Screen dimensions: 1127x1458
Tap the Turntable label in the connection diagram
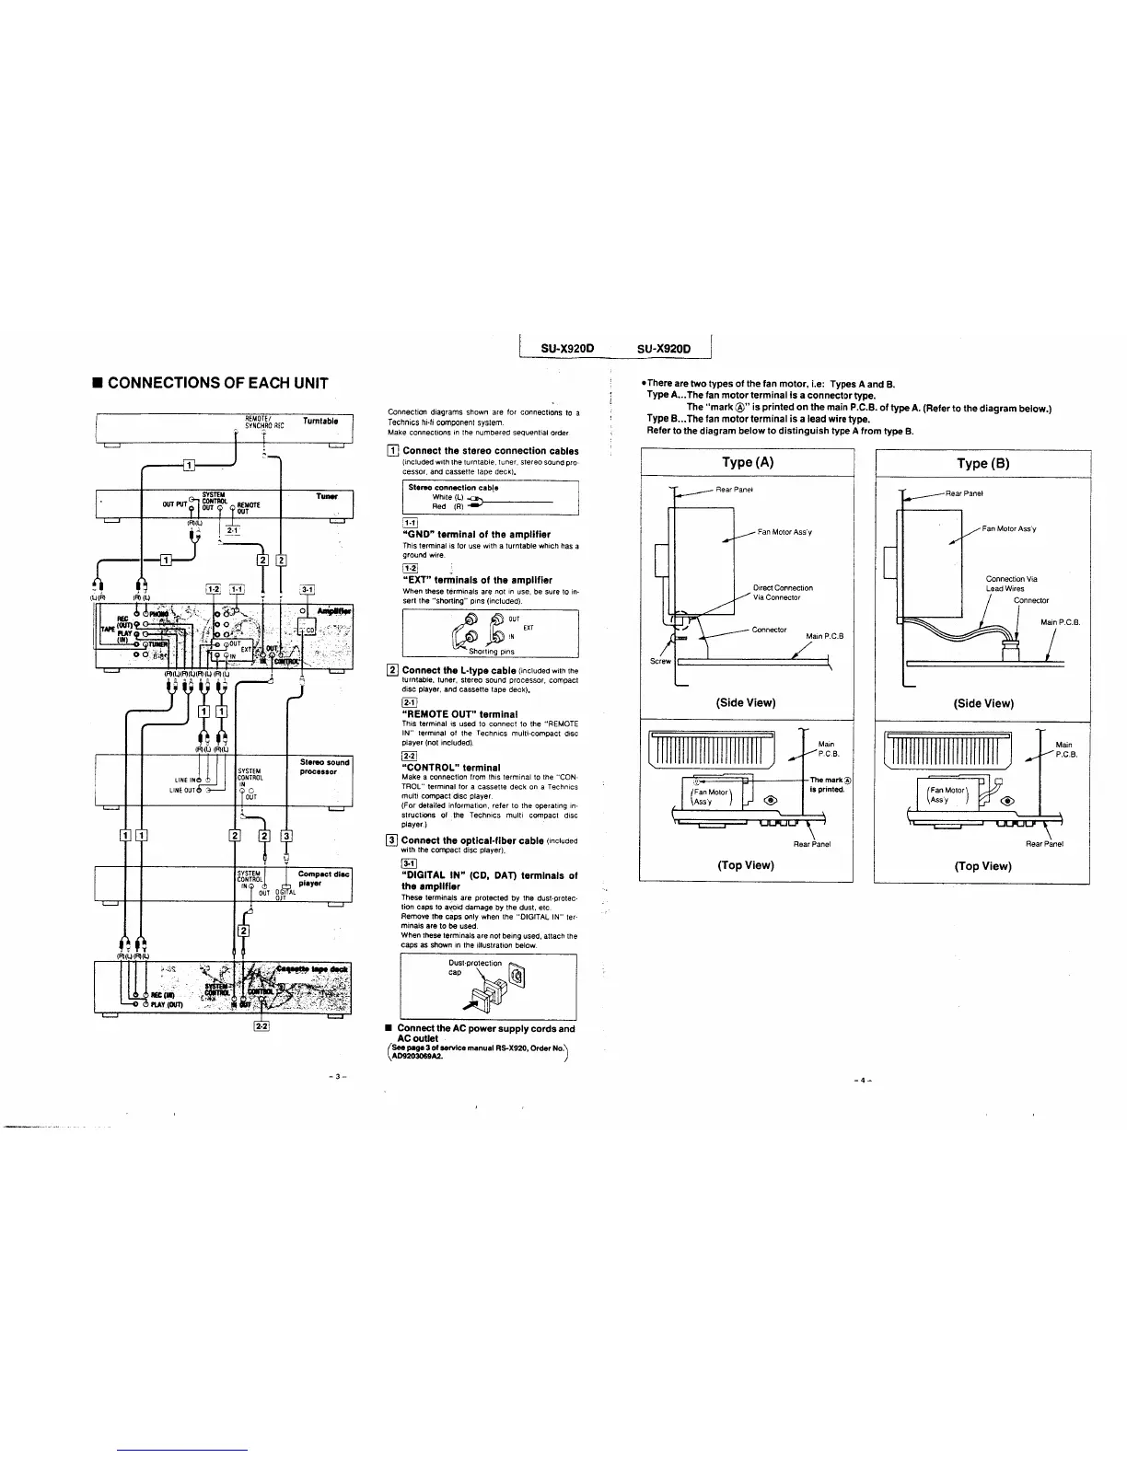click(x=320, y=422)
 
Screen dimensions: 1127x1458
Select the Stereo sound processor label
click(x=325, y=766)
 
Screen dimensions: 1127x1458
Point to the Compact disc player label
click(x=323, y=878)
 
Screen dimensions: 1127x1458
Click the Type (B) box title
click(x=982, y=463)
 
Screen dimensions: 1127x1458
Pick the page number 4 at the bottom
click(x=863, y=1081)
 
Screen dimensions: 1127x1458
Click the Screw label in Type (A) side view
click(x=662, y=661)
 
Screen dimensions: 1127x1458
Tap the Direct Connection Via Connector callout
click(x=783, y=592)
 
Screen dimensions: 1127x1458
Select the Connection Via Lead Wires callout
click(x=1011, y=584)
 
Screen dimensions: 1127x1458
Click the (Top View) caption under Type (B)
click(x=982, y=865)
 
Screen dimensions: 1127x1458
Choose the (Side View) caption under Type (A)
click(x=746, y=702)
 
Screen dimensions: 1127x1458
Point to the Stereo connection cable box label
click(x=453, y=487)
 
